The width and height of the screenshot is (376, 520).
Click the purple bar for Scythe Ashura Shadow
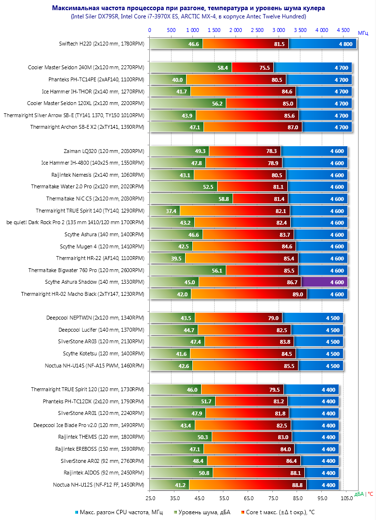pyautogui.click(x=324, y=282)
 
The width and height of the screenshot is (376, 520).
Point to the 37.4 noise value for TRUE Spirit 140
pyautogui.click(x=171, y=211)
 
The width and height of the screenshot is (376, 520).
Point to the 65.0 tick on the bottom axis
pyautogui.click(x=249, y=497)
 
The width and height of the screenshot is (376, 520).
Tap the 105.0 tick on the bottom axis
pyautogui.click(x=347, y=497)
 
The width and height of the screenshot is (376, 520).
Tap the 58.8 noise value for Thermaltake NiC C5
pyautogui.click(x=223, y=199)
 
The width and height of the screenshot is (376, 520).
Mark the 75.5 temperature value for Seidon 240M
pyautogui.click(x=265, y=68)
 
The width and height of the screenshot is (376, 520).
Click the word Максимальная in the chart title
pyautogui.click(x=73, y=8)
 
